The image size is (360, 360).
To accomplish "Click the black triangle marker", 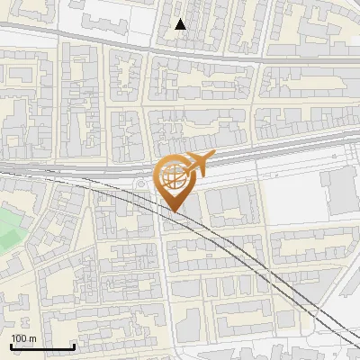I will [x=181, y=24].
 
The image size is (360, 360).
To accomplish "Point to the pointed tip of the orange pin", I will [x=175, y=212].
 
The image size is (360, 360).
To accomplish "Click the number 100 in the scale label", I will [x=20, y=337].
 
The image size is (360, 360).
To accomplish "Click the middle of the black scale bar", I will [x=41, y=346].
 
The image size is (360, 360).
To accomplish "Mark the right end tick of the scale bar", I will [x=73, y=346].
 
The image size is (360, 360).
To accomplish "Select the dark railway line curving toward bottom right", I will [x=261, y=270].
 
